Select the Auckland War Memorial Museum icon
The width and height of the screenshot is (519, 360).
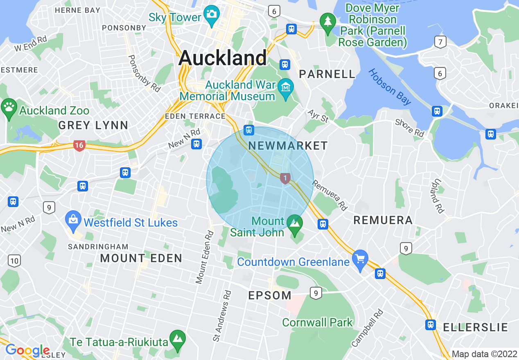[285, 87]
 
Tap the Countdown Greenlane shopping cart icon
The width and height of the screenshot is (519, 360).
[360, 259]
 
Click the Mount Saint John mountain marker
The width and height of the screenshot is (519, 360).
[295, 224]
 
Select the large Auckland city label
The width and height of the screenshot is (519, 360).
[223, 58]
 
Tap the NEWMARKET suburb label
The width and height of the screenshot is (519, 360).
[288, 146]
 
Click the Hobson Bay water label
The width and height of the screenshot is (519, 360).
[390, 87]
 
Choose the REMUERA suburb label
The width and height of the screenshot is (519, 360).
[383, 220]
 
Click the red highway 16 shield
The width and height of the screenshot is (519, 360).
[79, 145]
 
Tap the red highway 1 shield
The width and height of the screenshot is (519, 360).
[285, 178]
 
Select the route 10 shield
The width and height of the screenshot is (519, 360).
[14, 260]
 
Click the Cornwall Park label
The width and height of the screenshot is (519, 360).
[317, 322]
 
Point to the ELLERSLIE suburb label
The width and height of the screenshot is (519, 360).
[475, 327]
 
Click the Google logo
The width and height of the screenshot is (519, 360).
[27, 351]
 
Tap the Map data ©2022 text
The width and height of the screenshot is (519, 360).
[484, 354]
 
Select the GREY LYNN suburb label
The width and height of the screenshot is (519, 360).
[93, 125]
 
